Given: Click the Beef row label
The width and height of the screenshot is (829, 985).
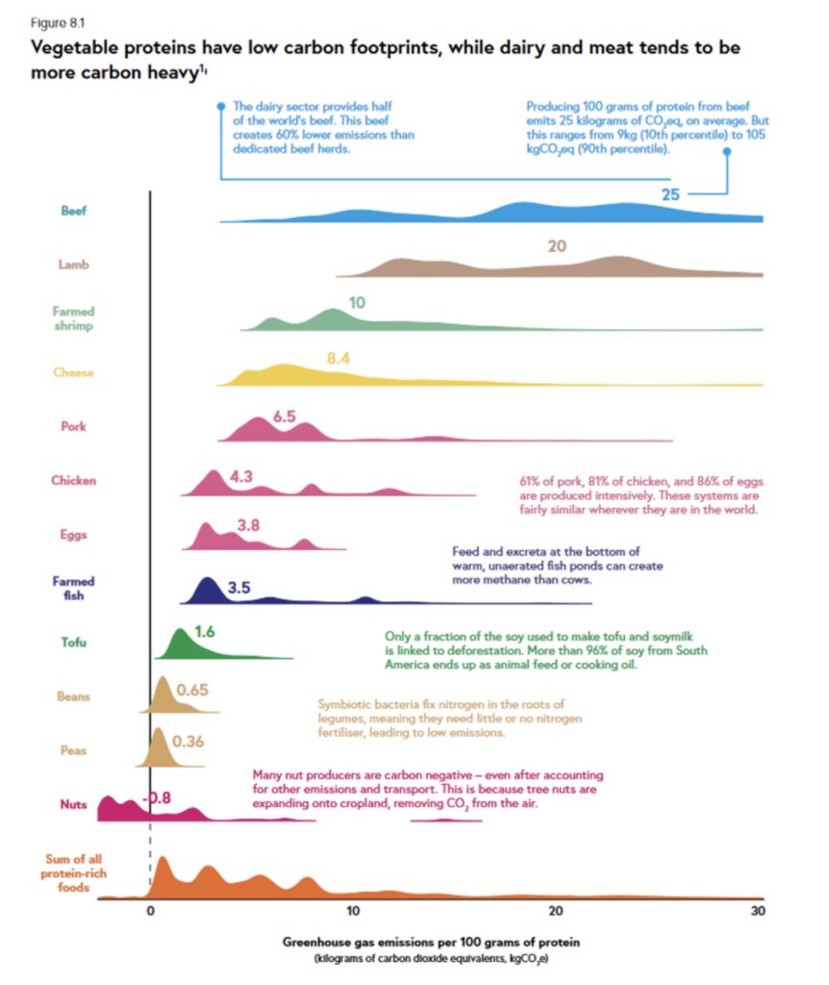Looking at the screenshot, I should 74,211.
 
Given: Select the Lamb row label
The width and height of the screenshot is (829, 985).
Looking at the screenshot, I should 73,265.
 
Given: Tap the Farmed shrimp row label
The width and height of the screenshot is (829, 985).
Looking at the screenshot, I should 74,318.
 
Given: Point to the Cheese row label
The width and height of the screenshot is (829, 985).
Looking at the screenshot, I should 73,372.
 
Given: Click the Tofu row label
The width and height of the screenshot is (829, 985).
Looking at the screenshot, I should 74,642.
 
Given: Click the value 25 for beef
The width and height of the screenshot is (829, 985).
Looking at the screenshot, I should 670,194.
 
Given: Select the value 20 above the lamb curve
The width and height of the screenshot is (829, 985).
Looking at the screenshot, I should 557,246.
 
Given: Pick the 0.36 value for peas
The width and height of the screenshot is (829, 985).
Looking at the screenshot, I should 188,742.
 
